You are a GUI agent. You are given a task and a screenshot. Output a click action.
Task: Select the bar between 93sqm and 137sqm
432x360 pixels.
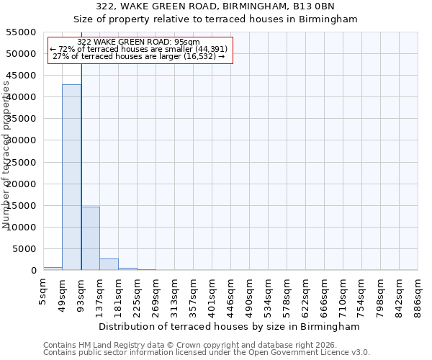pos(90,238)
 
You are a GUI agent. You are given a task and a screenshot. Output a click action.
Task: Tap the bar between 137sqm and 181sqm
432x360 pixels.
pos(109,264)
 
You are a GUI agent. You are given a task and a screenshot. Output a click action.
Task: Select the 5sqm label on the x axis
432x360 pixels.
pos(44,288)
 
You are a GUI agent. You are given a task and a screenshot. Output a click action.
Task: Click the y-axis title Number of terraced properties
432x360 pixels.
pos(7,155)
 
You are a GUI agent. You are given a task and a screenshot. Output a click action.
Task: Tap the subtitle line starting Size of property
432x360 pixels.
pos(216,19)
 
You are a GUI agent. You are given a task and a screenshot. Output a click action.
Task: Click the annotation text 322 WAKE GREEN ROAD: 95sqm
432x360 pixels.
pos(138,42)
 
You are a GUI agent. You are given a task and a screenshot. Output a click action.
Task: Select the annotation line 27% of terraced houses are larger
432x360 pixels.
pos(139,56)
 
